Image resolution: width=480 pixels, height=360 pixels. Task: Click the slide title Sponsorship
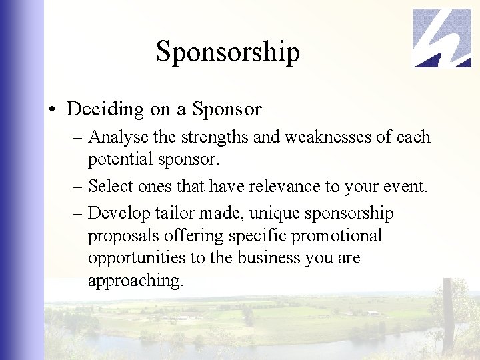pyautogui.click(x=227, y=52)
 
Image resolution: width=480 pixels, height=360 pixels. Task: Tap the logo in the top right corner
pyautogui.click(x=442, y=38)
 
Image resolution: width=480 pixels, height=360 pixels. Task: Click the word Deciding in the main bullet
pyautogui.click(x=105, y=109)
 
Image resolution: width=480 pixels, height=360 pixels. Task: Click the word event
pyautogui.click(x=406, y=186)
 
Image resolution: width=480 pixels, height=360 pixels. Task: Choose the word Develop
pyautogui.click(x=116, y=213)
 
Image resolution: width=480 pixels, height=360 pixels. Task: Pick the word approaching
pyautogui.click(x=135, y=281)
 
